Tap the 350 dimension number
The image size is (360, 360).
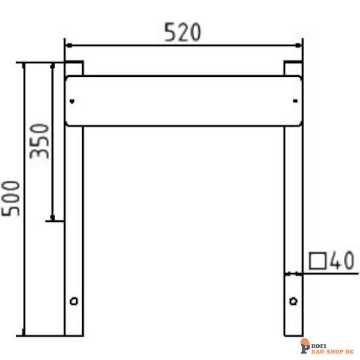tap(40, 141)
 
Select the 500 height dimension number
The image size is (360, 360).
tap(11, 198)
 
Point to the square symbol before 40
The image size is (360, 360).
tap(317, 261)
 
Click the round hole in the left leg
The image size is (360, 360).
tap(74, 300)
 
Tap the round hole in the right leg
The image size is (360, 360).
tap(293, 300)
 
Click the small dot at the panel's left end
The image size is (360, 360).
tap(72, 101)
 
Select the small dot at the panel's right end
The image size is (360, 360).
tap(295, 101)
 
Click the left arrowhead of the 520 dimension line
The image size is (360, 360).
tap(68, 45)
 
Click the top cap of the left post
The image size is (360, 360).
tap(74, 64)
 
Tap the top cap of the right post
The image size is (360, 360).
tap(293, 64)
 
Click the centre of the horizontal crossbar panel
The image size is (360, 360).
tap(184, 101)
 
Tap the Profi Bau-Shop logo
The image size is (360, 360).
tap(327, 347)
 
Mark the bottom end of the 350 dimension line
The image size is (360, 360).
tap(53, 220)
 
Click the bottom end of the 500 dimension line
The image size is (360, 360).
tap(24, 334)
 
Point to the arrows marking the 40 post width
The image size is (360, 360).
tap(293, 274)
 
